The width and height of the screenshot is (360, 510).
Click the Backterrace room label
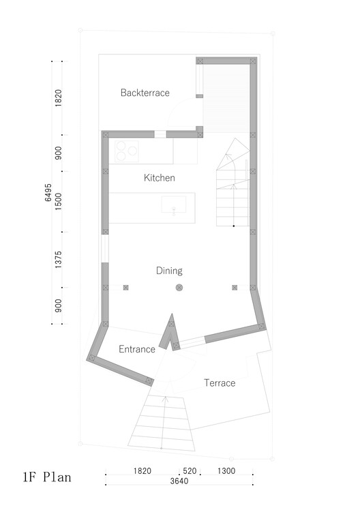(x=145, y=93)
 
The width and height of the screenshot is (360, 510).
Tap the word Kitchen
(x=159, y=178)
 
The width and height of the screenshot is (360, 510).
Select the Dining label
(x=169, y=271)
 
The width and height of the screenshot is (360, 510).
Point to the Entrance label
(x=137, y=349)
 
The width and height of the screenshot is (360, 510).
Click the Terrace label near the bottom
(x=220, y=383)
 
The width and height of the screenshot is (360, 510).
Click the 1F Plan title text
(x=46, y=477)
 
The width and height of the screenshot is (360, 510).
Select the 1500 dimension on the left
(x=59, y=202)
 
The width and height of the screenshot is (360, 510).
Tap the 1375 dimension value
(x=59, y=261)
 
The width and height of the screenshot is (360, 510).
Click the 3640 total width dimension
(x=179, y=481)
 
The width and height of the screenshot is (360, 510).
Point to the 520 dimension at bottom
(x=190, y=471)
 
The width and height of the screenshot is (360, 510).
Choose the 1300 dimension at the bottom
(x=227, y=471)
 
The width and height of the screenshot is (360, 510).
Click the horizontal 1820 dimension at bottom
(x=142, y=471)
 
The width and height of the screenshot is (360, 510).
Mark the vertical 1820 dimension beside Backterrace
(x=59, y=98)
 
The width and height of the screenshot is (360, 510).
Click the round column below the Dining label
(x=179, y=288)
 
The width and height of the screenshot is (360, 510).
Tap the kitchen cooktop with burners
(x=125, y=151)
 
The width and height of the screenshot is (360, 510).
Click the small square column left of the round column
(x=125, y=288)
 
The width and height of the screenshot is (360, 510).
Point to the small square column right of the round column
(x=235, y=288)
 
